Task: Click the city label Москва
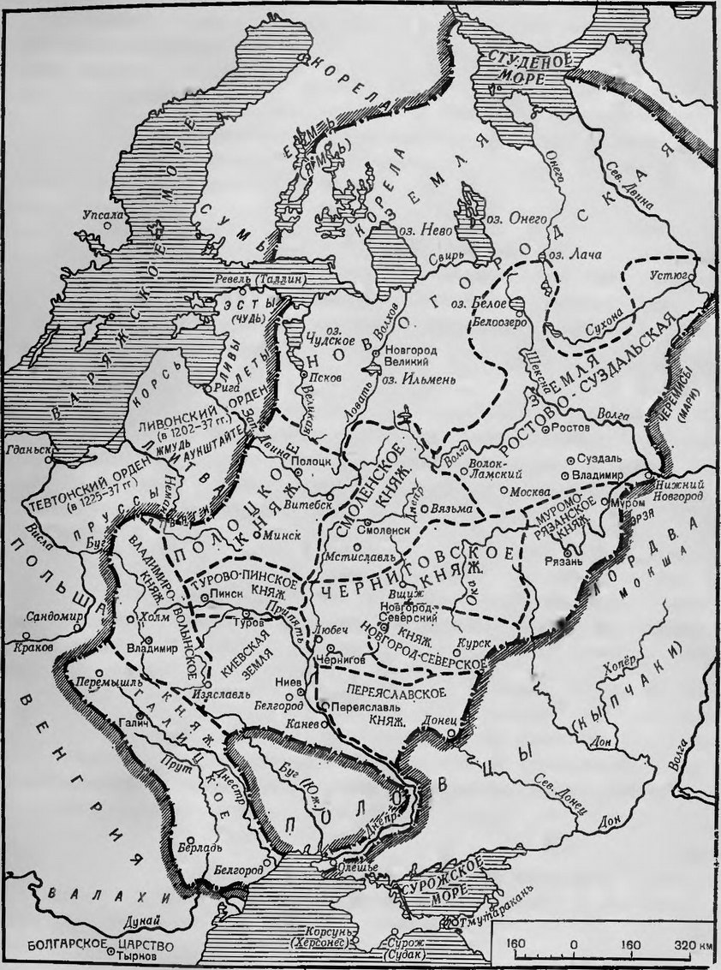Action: (529, 493)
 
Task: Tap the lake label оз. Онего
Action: (517, 220)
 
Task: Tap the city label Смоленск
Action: (388, 530)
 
